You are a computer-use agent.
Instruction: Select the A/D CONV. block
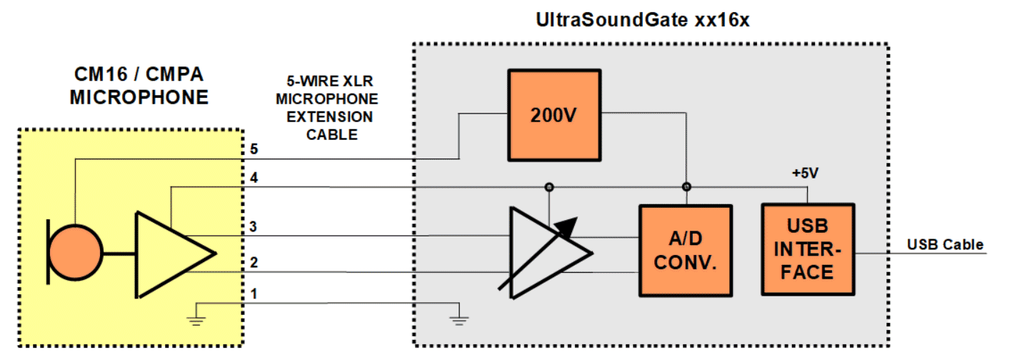pos(686,251)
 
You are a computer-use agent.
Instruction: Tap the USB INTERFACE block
pos(808,249)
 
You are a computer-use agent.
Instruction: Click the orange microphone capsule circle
pos(76,254)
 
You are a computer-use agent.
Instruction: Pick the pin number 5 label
pos(254,149)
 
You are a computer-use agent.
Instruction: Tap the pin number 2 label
pos(254,263)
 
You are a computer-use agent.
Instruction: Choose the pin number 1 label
pos(254,294)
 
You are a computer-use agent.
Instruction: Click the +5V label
pos(805,174)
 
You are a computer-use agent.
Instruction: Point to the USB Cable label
pos(945,245)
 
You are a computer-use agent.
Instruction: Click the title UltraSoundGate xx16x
pos(642,20)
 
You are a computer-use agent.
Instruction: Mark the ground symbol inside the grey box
pos(459,316)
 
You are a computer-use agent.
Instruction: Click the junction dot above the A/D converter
pos(686,187)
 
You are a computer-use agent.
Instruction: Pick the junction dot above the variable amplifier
pos(548,187)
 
